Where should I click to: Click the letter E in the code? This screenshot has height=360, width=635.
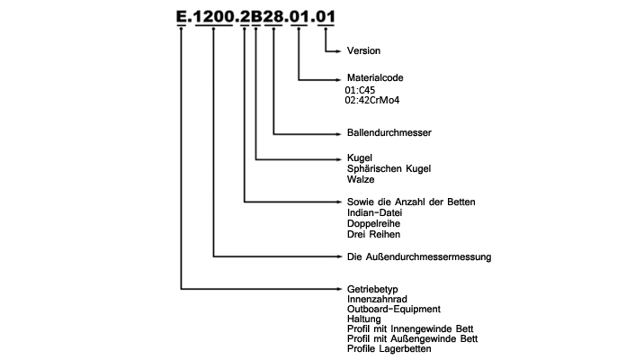coord(182,16)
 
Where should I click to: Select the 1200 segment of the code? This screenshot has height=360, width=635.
coord(214,16)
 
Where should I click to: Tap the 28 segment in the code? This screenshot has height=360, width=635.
coord(273,16)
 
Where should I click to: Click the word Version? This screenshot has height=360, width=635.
coord(363,50)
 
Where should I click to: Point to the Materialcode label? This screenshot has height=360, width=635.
coord(375,77)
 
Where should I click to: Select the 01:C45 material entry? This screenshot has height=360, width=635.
coord(360,90)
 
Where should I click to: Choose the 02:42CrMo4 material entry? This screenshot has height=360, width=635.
coord(372,100)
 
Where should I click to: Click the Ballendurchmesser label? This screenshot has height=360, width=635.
coord(389,132)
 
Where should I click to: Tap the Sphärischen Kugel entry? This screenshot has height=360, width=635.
coord(389,168)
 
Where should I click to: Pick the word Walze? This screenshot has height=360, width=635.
coord(361,179)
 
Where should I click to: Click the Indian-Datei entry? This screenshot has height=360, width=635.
coord(374,212)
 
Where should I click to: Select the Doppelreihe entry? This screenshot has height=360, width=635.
coord(373,223)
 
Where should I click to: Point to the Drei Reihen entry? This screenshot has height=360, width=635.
coord(373,234)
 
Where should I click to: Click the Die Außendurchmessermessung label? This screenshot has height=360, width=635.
coord(419,256)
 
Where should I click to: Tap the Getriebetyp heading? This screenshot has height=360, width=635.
coord(372,289)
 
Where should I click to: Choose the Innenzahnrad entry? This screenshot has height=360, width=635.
coord(377,299)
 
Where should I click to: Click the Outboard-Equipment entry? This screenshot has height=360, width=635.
coord(394,309)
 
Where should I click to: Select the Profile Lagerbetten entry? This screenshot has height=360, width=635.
coord(389,348)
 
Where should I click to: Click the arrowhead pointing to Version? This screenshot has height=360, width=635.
coord(339,51)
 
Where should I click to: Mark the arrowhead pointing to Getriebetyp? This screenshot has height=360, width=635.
coord(339,289)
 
